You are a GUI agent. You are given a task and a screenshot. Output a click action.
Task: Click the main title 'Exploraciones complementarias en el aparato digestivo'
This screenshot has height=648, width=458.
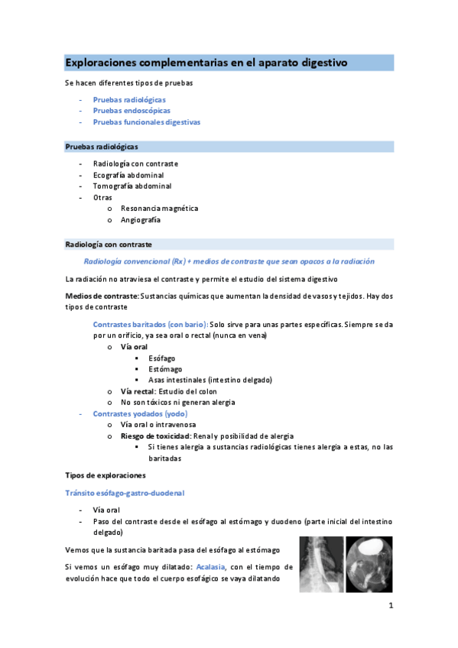(x=206, y=62)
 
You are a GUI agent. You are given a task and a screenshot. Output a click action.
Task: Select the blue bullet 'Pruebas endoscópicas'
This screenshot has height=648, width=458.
(x=132, y=111)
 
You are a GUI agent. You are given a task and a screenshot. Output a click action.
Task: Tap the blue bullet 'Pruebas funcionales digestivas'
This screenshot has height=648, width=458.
(x=146, y=122)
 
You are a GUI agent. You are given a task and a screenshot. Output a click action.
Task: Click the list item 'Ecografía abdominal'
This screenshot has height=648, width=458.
(x=128, y=175)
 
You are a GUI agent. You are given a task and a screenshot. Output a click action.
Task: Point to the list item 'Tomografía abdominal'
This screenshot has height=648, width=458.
(x=132, y=186)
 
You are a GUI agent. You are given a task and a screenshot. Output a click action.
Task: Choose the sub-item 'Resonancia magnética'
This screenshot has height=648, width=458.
(x=159, y=208)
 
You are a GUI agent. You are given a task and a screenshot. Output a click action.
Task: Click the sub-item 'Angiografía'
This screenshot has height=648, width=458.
(x=141, y=220)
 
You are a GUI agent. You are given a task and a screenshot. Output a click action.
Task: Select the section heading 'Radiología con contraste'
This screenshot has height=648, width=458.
(x=109, y=245)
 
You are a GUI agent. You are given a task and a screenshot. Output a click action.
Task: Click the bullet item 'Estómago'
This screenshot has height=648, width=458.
(x=166, y=369)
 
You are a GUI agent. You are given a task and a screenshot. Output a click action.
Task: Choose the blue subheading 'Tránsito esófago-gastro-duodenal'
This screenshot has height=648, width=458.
(x=125, y=493)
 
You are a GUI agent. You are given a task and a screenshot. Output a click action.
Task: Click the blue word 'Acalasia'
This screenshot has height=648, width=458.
(x=211, y=568)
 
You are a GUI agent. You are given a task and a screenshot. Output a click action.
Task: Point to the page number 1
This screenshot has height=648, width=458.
(x=390, y=607)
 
